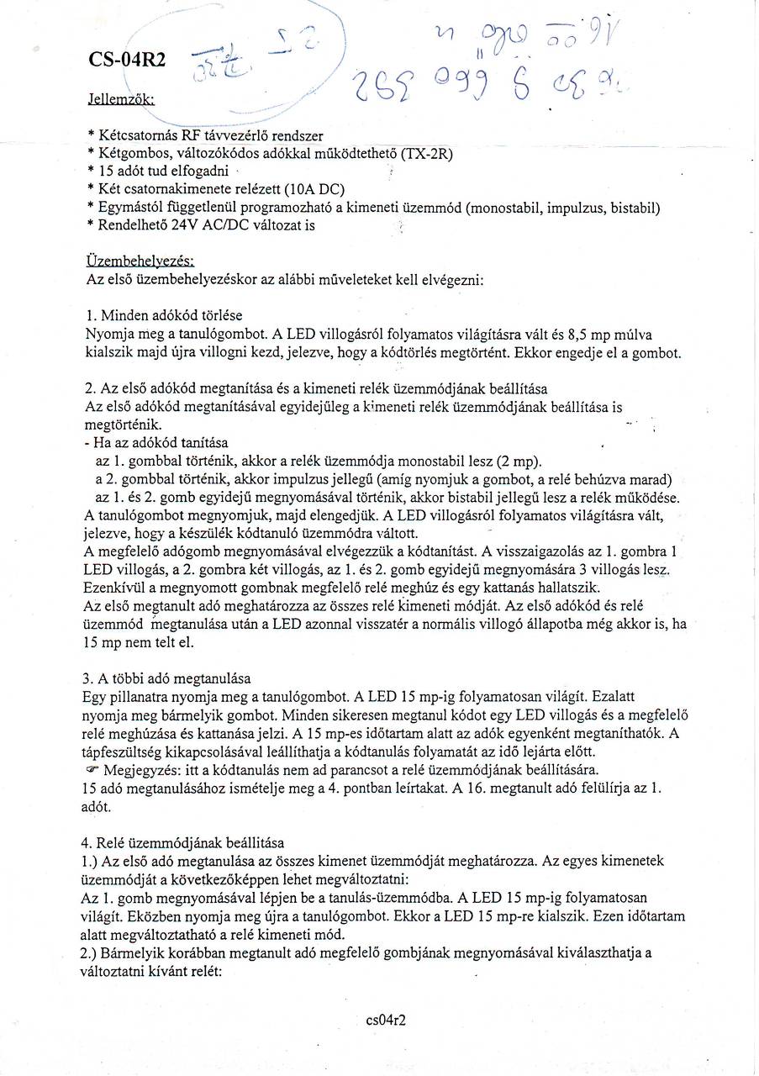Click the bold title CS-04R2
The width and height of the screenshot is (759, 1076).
tap(127, 60)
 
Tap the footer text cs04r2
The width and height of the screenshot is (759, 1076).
tap(387, 1020)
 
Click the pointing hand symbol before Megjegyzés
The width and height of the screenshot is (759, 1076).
tap(92, 769)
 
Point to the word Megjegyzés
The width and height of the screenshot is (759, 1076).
tap(137, 769)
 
